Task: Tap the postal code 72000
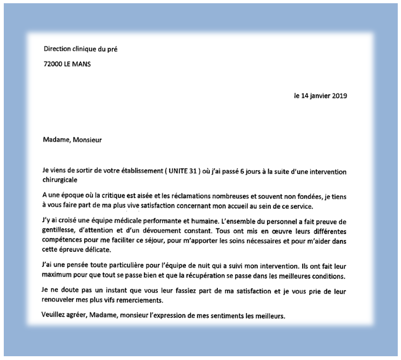[54, 64]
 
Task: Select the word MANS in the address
[81, 64]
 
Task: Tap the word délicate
[96, 249]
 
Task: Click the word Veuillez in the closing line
[55, 315]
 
